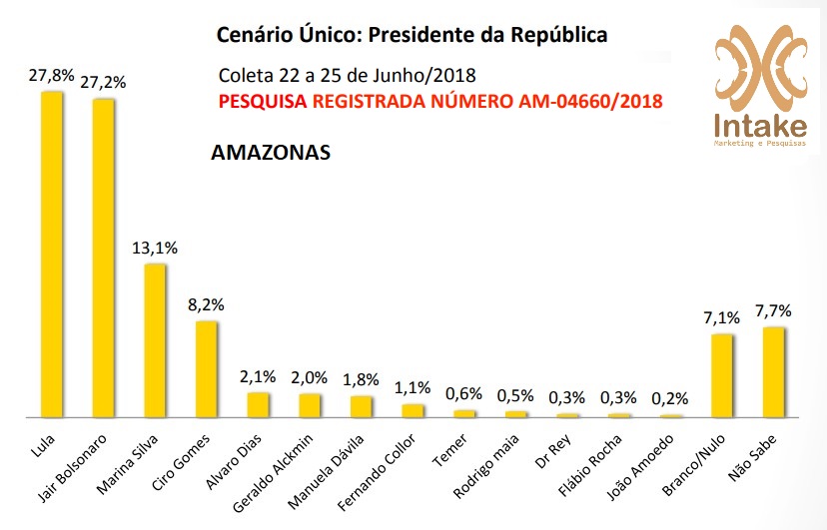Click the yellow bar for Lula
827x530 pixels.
[x=51, y=254]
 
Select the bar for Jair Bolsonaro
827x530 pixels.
[x=103, y=258]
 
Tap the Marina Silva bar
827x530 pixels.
[x=155, y=339]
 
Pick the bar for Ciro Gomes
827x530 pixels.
[x=206, y=368]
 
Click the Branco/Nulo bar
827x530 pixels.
[x=722, y=375]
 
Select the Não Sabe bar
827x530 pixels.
[x=774, y=371]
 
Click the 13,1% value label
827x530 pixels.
[x=155, y=247]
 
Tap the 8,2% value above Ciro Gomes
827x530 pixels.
[x=206, y=303]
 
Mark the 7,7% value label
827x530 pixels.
[x=774, y=310]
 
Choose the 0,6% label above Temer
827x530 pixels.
[x=463, y=393]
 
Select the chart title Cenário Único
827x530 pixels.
[x=412, y=36]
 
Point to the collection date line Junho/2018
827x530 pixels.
[x=346, y=76]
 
